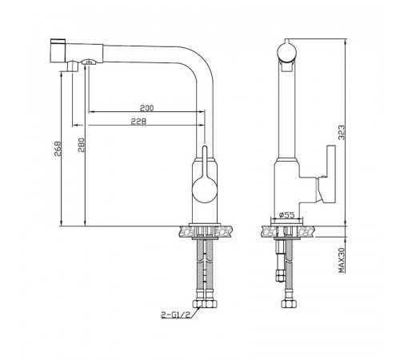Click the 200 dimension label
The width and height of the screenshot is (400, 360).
tap(147, 108)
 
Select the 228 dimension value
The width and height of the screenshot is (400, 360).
tap(138, 122)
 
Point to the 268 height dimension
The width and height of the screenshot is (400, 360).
tap(58, 149)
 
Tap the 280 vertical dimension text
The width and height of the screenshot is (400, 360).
tap(81, 145)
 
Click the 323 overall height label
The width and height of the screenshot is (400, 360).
tap(342, 133)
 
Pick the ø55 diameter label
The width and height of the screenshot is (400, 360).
tap(286, 214)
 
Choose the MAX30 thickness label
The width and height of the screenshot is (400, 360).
tap(342, 260)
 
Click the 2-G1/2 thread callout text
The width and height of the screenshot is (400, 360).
tap(176, 314)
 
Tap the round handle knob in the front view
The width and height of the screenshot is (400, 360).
tap(205, 190)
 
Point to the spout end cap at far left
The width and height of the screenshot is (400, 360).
tap(58, 51)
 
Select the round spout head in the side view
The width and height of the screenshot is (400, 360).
tap(287, 51)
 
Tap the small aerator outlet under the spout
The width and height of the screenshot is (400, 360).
tap(89, 62)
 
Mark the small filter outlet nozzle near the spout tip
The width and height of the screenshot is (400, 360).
tap(72, 66)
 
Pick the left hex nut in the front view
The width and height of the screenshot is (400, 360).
tap(198, 304)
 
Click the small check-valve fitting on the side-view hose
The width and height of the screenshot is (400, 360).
tap(280, 275)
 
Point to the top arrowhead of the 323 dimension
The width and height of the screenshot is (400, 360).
tap(346, 42)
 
